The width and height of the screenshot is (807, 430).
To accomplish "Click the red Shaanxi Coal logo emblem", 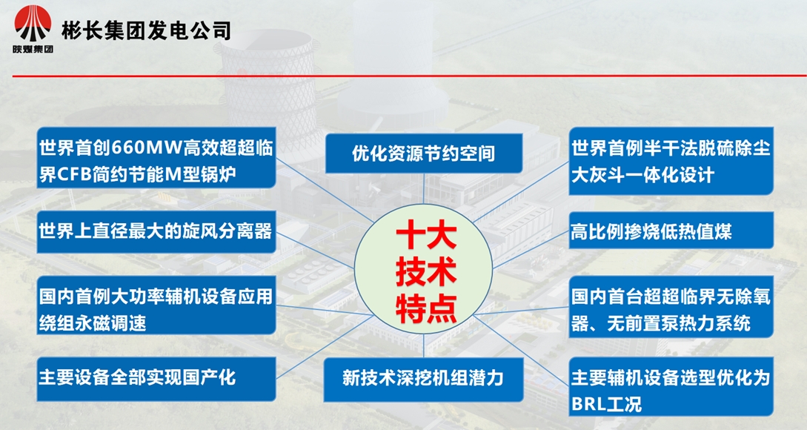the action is click(33, 24).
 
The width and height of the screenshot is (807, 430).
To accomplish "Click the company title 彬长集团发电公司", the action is click(146, 30).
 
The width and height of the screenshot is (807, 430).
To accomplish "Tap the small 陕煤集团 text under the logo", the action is click(33, 49).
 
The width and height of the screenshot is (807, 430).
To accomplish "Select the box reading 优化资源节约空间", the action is click(424, 153).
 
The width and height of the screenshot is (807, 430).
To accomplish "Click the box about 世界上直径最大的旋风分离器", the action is click(156, 231).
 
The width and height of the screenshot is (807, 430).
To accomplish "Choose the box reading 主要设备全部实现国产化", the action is click(156, 378).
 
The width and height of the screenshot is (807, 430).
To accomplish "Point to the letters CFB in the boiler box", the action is click(67, 174).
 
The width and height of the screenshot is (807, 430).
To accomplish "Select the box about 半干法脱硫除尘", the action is click(671, 161).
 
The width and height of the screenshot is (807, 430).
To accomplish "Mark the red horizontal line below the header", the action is click(409, 76).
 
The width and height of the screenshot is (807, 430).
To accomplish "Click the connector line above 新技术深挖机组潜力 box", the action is click(424, 345).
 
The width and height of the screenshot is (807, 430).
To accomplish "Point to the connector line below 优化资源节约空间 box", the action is click(424, 188).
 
